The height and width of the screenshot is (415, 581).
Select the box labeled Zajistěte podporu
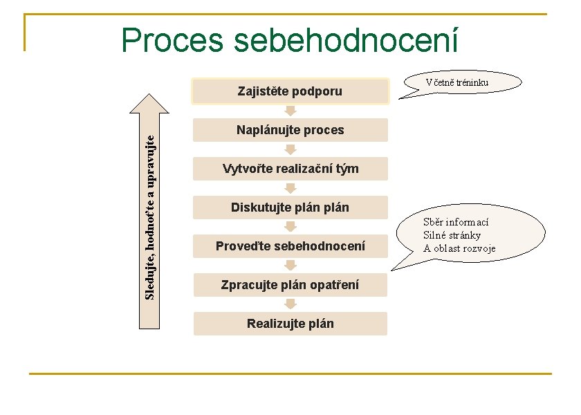(x=290, y=91)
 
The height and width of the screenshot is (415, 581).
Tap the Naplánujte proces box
(x=290, y=130)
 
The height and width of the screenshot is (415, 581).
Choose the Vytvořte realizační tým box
(x=290, y=169)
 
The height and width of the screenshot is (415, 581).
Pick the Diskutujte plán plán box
(x=290, y=207)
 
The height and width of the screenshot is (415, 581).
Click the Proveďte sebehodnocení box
(x=290, y=246)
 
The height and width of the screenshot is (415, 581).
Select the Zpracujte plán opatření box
(x=290, y=285)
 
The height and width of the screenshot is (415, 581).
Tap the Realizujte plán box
(x=290, y=324)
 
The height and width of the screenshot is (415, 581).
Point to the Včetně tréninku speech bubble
(x=458, y=82)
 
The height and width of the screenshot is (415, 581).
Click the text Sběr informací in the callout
(x=456, y=222)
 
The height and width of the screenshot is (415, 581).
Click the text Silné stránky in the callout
(x=452, y=235)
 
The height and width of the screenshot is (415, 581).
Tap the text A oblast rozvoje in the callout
(x=460, y=248)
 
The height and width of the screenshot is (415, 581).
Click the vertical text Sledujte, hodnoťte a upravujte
(x=151, y=215)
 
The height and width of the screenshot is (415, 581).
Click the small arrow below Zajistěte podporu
(x=290, y=111)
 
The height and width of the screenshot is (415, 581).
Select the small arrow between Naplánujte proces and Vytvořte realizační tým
(x=290, y=149)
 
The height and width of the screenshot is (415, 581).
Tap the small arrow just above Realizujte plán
(x=290, y=304)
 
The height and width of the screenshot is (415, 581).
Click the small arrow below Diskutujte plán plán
(x=290, y=227)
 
